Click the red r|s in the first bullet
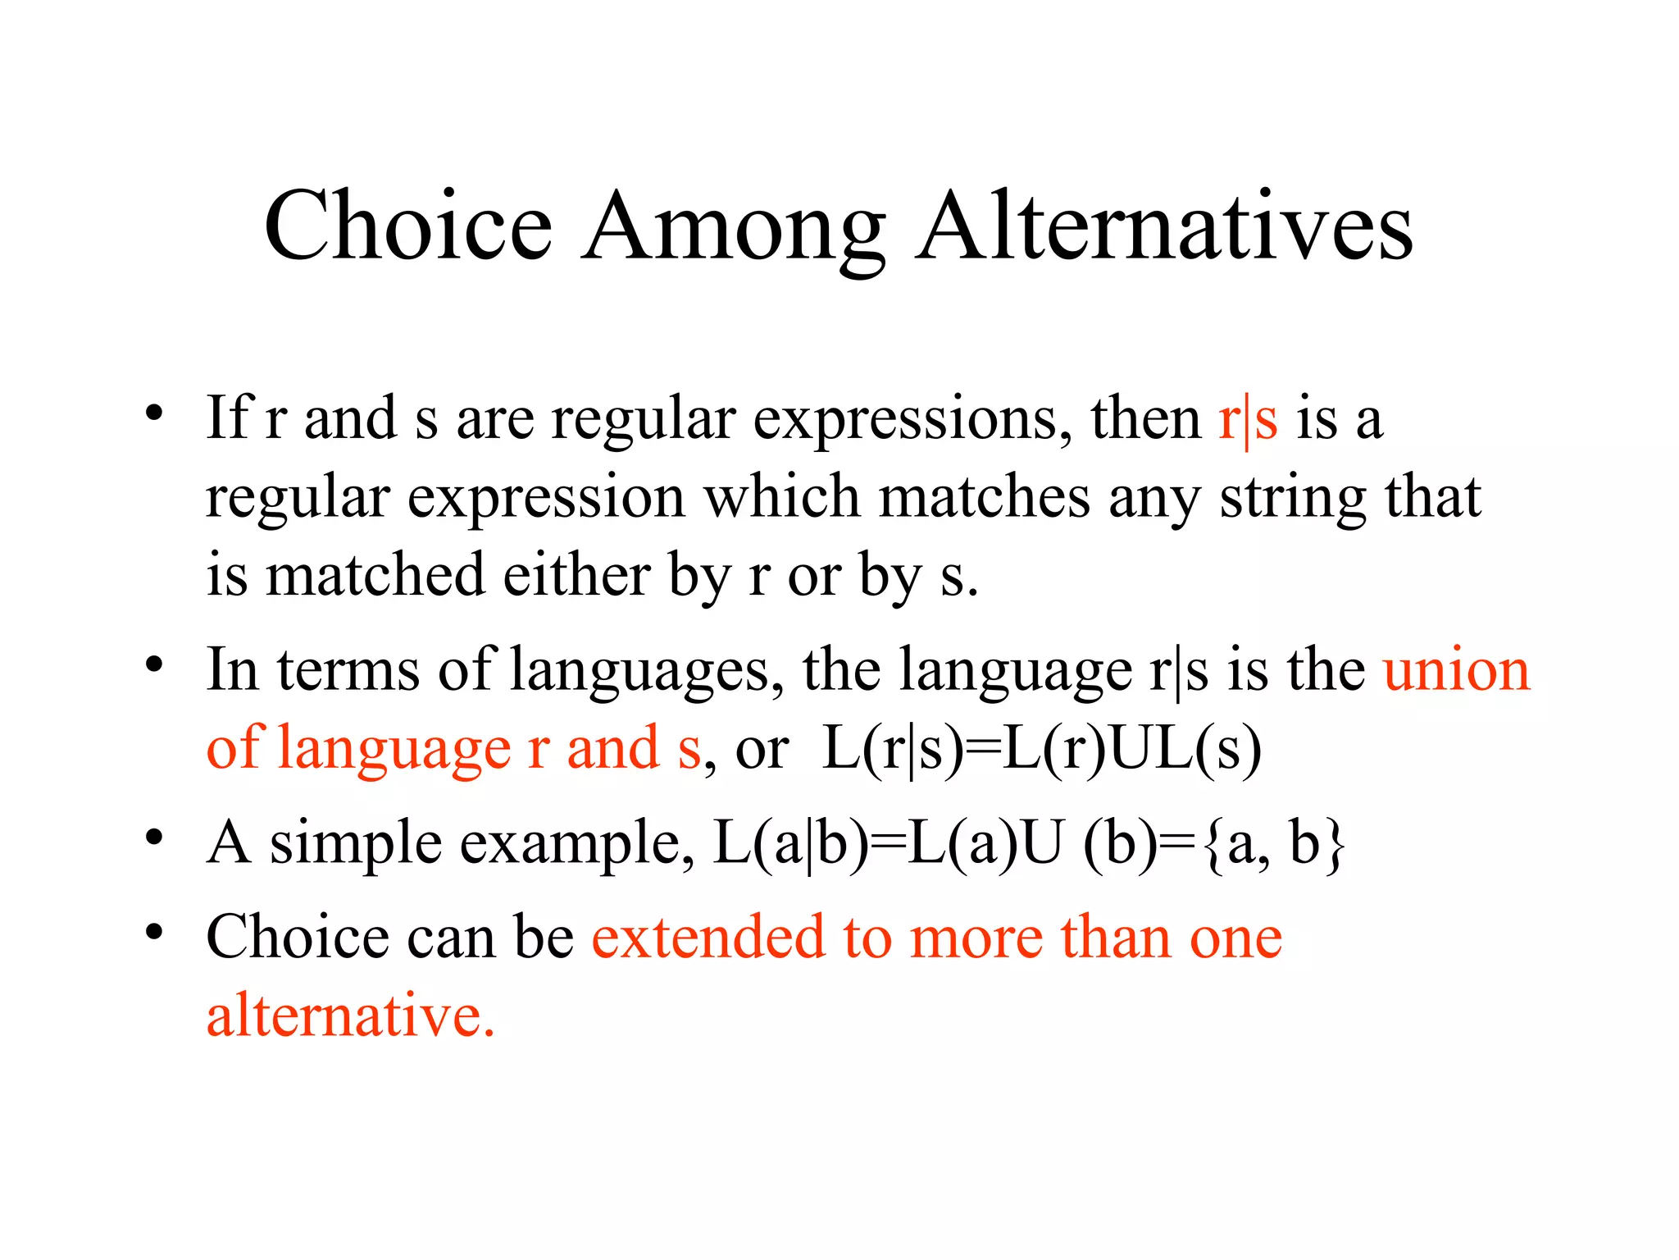pos(1248,419)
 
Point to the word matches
pos(984,497)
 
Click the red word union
pos(1456,670)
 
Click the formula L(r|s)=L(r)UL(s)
pos(1041,749)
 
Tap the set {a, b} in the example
pos(1275,842)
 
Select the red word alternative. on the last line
pos(350,1015)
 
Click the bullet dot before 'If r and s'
pos(153,413)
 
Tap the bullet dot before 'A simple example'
pos(153,838)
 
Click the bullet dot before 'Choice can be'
pos(153,933)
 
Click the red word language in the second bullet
pos(394,749)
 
